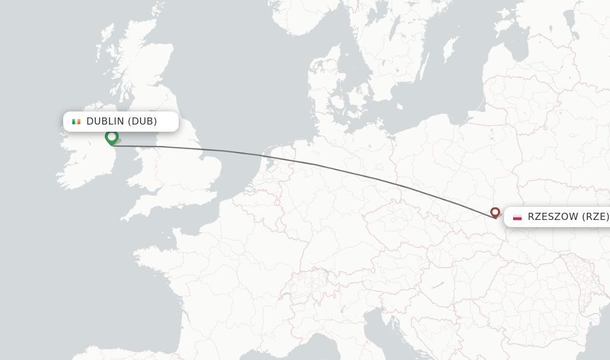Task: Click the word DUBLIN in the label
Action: coord(105,122)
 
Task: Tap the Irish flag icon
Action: coord(76,122)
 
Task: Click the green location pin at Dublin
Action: coord(111,138)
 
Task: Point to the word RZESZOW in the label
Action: coord(553,217)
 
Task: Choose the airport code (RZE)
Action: coord(595,217)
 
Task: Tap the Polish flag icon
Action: coord(517,217)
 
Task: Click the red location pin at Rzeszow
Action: coord(495,212)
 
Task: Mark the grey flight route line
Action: coord(316,165)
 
